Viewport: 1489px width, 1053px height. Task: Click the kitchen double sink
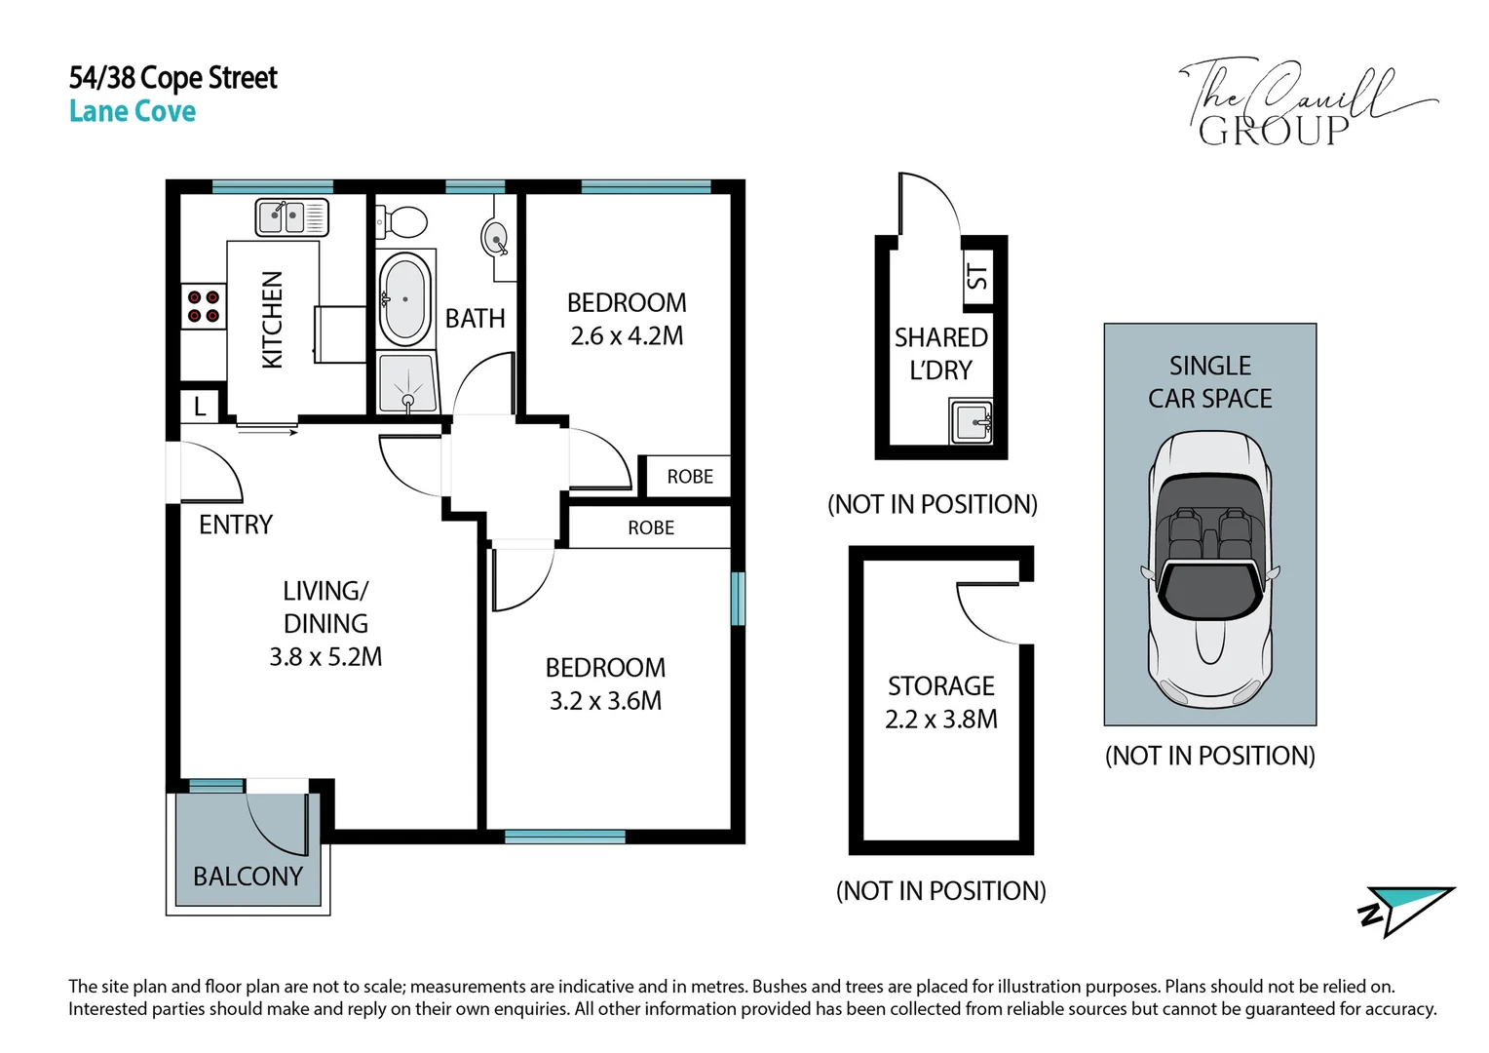coord(291,216)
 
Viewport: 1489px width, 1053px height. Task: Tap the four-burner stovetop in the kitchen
coord(204,306)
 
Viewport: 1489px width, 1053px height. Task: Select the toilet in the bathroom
coord(401,221)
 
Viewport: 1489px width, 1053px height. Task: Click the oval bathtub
coord(404,300)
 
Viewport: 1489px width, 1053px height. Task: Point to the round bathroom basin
coord(495,237)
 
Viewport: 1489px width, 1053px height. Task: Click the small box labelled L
coord(200,405)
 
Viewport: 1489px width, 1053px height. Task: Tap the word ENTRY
coord(236,525)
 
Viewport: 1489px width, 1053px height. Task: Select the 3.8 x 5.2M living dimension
coord(325,657)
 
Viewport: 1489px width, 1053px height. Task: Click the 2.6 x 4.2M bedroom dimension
coord(627,336)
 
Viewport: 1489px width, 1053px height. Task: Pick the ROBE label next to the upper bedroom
coord(690,476)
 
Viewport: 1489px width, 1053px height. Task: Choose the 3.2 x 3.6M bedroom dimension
coord(605,701)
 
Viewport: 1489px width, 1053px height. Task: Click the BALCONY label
coord(248,877)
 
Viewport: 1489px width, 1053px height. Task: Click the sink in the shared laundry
coord(972,422)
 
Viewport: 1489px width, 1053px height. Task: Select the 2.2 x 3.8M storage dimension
coord(941,720)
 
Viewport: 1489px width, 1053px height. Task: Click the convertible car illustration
coord(1210,570)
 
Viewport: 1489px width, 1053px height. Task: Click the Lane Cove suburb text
coord(133,111)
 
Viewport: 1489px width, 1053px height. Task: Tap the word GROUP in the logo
coord(1274,131)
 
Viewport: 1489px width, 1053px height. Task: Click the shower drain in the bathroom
coord(408,401)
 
